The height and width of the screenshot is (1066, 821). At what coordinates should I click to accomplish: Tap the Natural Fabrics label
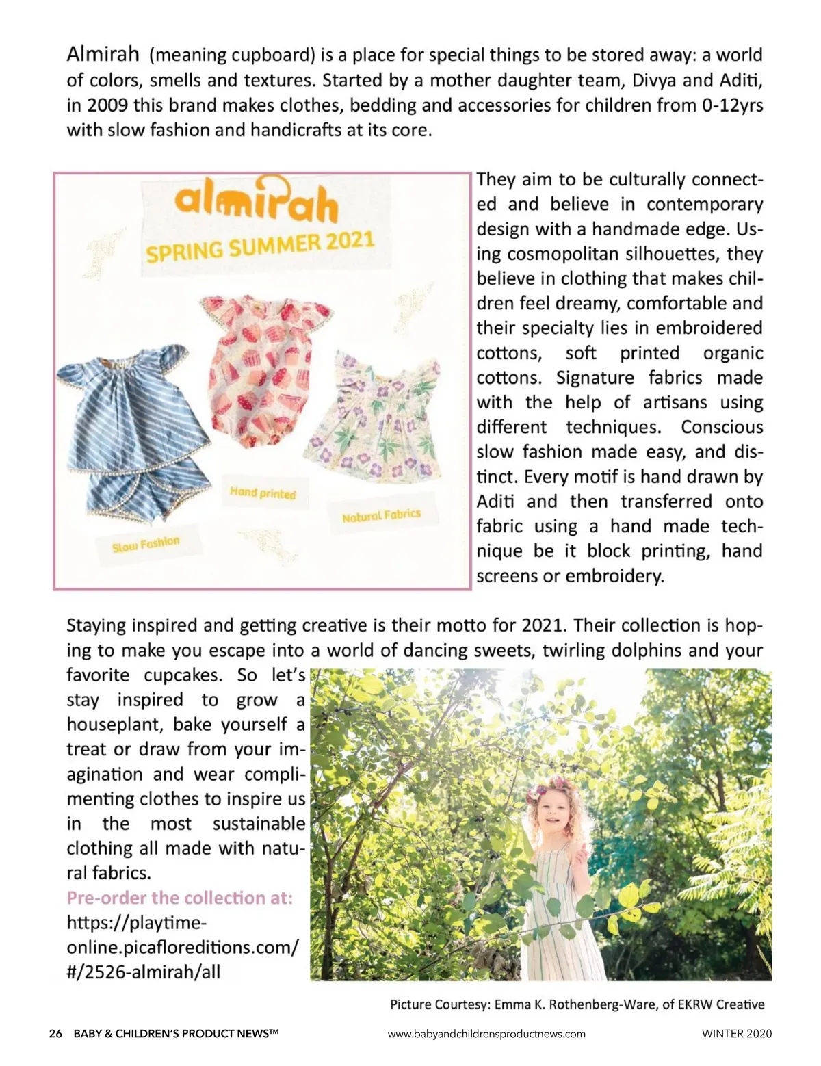coord(381,515)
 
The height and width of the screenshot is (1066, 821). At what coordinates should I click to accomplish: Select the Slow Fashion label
coord(146,545)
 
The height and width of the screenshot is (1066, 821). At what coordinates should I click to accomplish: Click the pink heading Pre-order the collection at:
coord(179,897)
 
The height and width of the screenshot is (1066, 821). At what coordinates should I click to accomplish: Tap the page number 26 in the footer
coord(55,1033)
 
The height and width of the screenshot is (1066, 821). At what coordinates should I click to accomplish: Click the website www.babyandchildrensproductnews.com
coord(486,1033)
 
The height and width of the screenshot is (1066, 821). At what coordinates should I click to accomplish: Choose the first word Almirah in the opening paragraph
coord(103,53)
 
